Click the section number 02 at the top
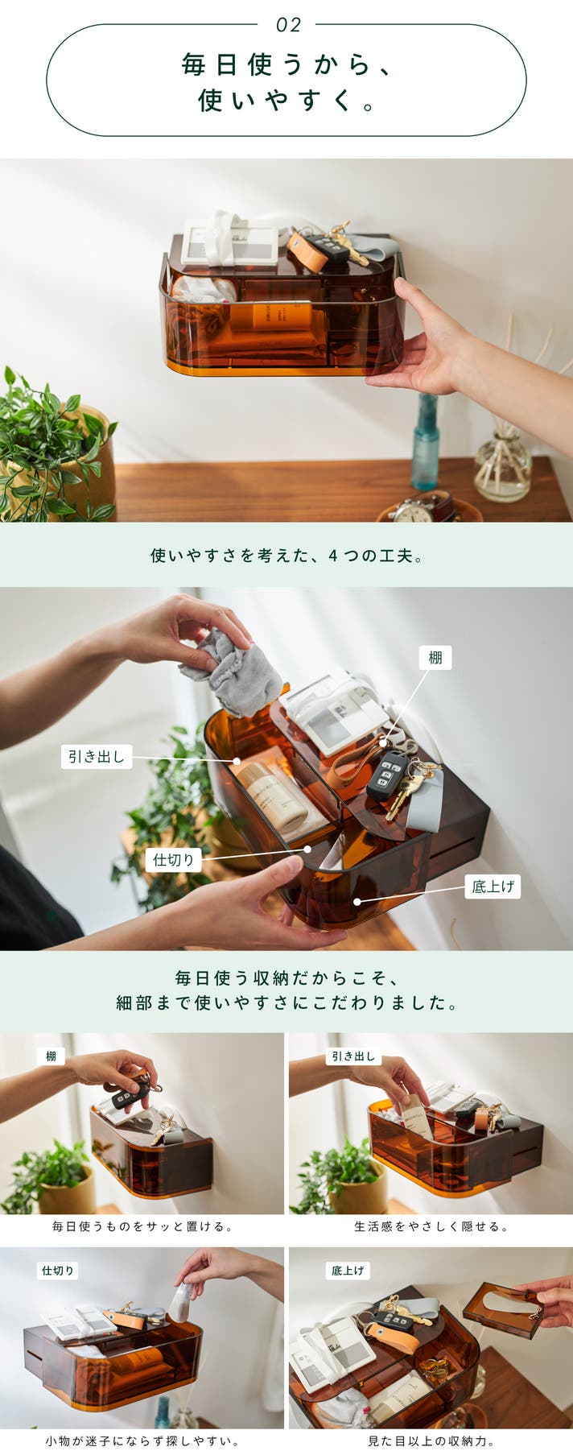[x=288, y=25]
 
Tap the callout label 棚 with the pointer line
[x=435, y=657]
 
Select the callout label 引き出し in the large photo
[x=97, y=756]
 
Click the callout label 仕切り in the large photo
[x=174, y=859]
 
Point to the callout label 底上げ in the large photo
[x=493, y=887]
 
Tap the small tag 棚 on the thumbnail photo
[x=51, y=1056]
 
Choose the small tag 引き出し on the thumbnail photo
[x=354, y=1056]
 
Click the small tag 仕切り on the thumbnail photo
[x=58, y=1270]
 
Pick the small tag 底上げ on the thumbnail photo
[x=348, y=1270]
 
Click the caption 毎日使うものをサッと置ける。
[x=142, y=1226]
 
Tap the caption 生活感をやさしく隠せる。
[x=431, y=1226]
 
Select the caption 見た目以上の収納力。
[x=431, y=1441]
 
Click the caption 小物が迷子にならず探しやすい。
[x=142, y=1441]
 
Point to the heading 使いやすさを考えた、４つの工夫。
[x=286, y=555]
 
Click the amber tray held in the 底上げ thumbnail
[x=503, y=1310]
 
